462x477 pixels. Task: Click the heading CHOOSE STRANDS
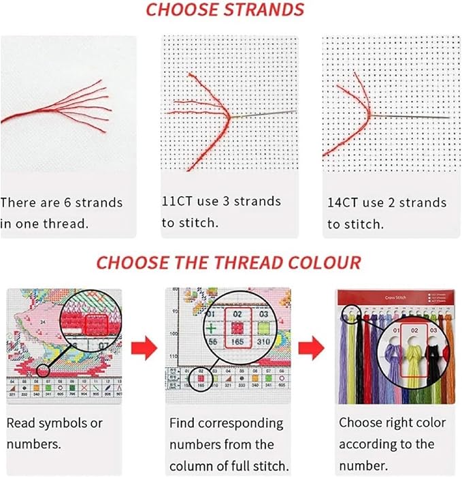[225, 10]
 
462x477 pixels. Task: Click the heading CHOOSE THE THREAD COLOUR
[229, 262]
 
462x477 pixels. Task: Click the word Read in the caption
[20, 423]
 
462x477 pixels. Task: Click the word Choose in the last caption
[361, 423]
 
